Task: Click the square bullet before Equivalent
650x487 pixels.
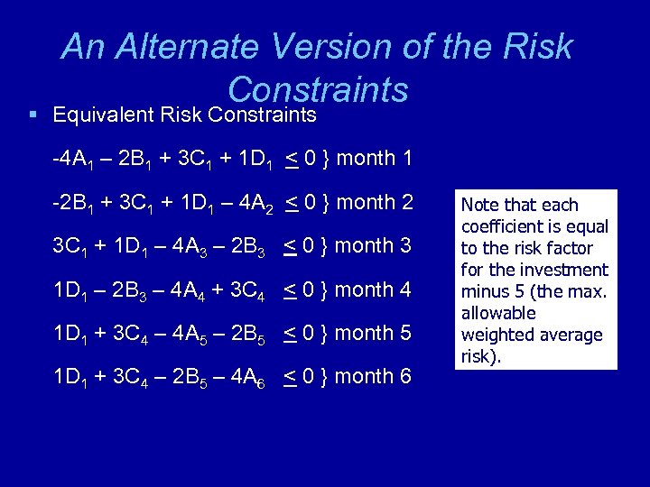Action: [x=32, y=115]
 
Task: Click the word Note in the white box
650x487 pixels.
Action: [x=479, y=205]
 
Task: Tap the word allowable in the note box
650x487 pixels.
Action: [x=497, y=313]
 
